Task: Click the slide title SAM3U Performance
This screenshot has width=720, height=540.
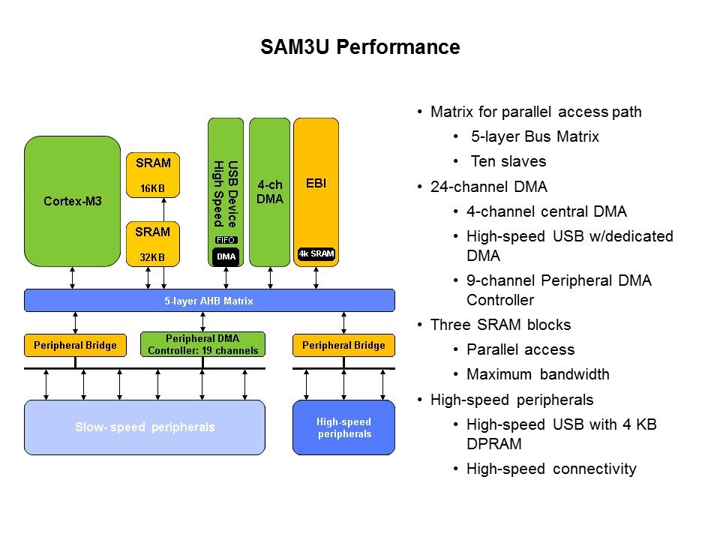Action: point(360,47)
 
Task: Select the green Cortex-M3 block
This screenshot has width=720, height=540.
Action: point(73,201)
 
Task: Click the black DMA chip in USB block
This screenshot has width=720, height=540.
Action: point(226,256)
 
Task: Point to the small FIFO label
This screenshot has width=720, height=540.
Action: point(226,240)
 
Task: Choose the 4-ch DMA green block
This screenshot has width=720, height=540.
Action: point(269,191)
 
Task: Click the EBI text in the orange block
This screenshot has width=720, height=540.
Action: point(316,182)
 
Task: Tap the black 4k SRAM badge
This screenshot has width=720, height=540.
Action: point(316,253)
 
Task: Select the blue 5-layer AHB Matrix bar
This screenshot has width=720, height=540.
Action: point(209,301)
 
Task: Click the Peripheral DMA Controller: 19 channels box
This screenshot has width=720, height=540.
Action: point(202,345)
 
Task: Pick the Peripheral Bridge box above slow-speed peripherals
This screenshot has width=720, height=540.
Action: point(75,345)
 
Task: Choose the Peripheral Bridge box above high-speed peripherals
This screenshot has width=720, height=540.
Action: point(343,345)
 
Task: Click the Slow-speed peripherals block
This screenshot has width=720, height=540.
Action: point(145,427)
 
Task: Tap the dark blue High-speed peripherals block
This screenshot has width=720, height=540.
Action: point(343,427)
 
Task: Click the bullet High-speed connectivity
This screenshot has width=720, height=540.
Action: point(551,469)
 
